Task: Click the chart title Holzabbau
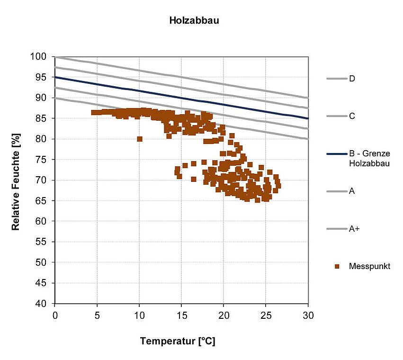pos(194,21)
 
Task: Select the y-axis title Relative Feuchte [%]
pos(16,180)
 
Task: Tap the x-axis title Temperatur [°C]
pos(178,341)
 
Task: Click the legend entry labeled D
pos(352,79)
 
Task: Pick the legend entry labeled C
pos(352,116)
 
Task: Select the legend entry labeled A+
pos(354,229)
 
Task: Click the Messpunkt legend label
pos(369,266)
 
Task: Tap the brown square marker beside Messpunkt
pos(337,266)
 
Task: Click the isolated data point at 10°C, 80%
pos(140,139)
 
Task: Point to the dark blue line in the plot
pos(181,98)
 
